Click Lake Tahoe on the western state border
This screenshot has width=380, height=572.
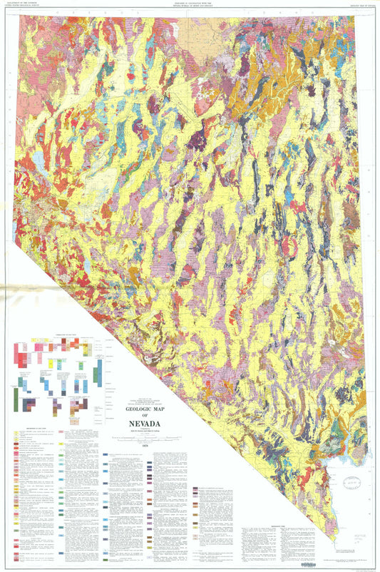[16, 230]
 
